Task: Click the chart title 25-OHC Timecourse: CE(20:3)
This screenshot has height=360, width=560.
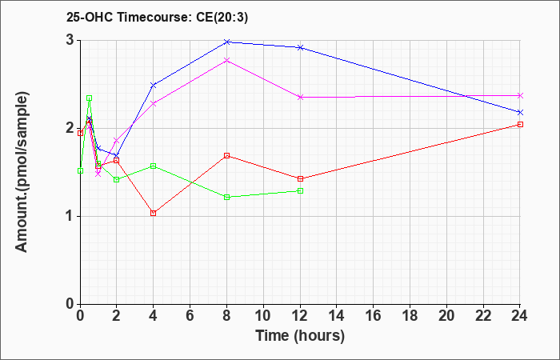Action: coord(157,18)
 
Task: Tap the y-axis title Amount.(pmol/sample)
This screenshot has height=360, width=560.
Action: coord(22,172)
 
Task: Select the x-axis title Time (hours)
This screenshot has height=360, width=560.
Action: coord(300,336)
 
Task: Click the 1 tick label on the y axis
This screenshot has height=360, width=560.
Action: coord(70,217)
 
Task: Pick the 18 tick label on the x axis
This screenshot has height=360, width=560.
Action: coord(410,316)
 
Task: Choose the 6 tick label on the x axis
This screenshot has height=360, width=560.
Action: coord(190,316)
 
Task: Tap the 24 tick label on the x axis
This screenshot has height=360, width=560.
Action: coord(520,316)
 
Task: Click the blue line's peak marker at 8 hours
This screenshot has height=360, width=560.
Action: coord(226,42)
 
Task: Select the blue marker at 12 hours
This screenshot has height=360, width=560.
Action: coord(300,47)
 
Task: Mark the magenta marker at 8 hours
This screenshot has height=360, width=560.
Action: coord(226,61)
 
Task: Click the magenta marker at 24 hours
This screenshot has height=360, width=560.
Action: coord(520,96)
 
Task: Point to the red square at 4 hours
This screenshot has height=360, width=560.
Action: coord(154,214)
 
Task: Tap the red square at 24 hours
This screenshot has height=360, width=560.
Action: coord(520,124)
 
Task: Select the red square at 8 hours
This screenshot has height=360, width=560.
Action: coord(226,156)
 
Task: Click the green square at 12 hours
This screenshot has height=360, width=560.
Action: coord(300,190)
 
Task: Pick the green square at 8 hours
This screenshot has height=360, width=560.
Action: coord(226,197)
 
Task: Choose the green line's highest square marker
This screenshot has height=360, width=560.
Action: coord(90,98)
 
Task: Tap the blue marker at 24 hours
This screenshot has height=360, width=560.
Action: coord(520,113)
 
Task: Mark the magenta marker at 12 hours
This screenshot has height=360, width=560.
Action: coord(300,97)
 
